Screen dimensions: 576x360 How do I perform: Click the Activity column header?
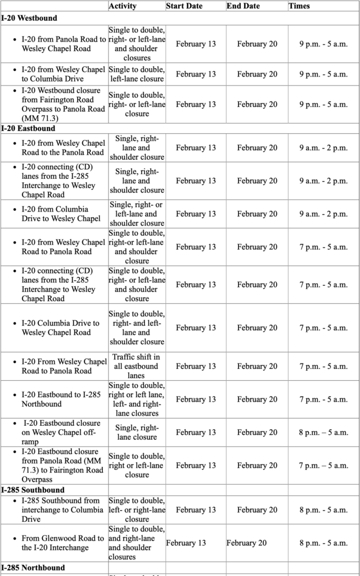point(122,6)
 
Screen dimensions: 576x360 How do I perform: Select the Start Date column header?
point(184,6)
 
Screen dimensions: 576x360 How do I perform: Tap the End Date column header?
point(243,6)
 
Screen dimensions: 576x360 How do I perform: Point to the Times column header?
point(299,6)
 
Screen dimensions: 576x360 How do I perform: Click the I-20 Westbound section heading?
point(29,18)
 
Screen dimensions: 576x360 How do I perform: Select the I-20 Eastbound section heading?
point(28,129)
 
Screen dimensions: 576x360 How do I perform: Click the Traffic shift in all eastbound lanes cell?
point(136,366)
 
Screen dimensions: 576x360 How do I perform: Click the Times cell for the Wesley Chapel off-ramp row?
point(323,433)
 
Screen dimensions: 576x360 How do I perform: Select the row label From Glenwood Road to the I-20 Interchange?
point(62,543)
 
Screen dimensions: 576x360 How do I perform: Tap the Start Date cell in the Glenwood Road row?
point(186,543)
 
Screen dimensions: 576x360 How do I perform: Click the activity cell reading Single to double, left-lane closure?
point(136,74)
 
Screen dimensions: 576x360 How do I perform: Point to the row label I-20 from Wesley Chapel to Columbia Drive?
point(63,74)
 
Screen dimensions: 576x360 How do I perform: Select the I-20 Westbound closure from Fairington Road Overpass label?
point(63,104)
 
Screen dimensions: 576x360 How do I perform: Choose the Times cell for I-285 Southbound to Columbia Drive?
point(323,510)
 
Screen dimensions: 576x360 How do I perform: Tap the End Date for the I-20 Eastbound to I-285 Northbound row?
point(256,399)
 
